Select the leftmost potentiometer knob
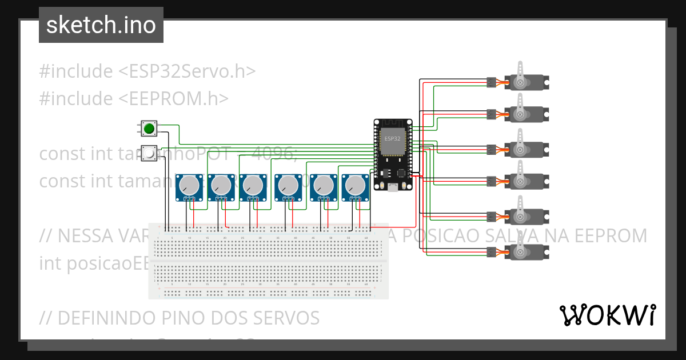click(x=189, y=185)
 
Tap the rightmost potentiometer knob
click(x=355, y=185)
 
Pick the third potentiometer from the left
click(x=253, y=185)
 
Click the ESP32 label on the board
click(x=392, y=139)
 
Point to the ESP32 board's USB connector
click(x=393, y=186)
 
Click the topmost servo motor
click(x=520, y=82)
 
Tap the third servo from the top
click(x=520, y=150)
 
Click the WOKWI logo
click(x=607, y=315)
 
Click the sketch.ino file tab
click(x=101, y=25)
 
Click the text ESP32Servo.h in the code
click(x=186, y=71)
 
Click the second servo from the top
click(x=520, y=114)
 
